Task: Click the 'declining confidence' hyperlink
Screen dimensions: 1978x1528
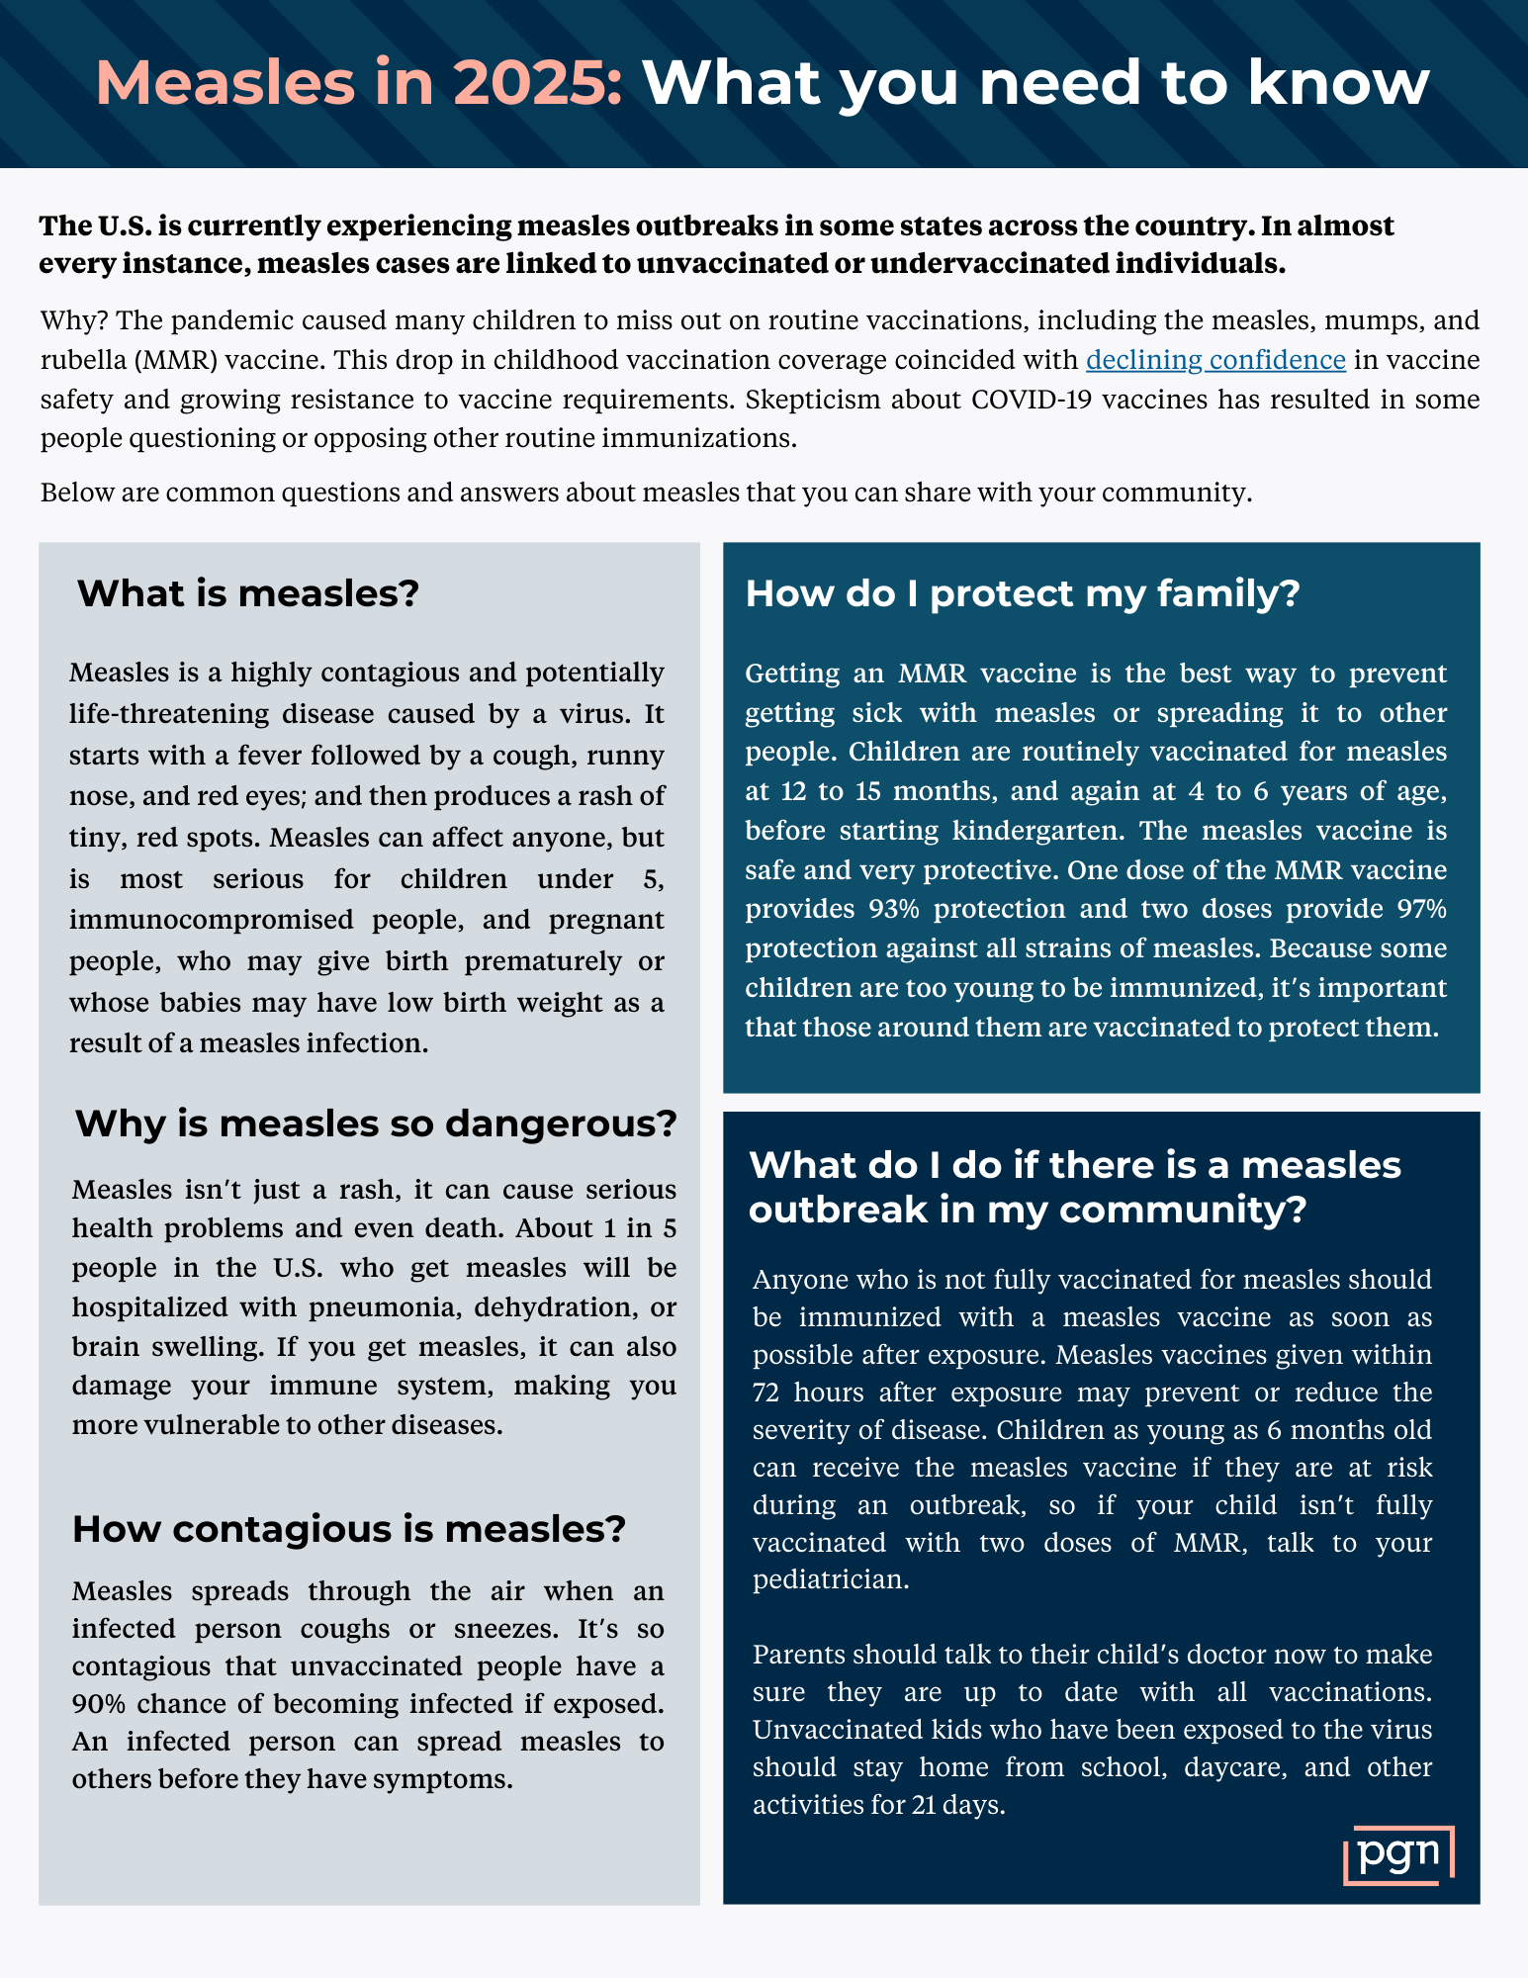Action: click(x=1215, y=360)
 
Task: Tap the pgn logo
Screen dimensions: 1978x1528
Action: click(x=1398, y=1853)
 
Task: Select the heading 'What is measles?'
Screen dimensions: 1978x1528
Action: click(x=248, y=593)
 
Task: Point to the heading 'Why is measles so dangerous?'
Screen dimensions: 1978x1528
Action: click(x=376, y=1124)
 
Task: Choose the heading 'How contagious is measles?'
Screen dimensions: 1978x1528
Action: click(x=349, y=1529)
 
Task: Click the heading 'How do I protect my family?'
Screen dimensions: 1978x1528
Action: click(x=1022, y=593)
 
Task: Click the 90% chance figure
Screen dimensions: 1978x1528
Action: click(x=99, y=1704)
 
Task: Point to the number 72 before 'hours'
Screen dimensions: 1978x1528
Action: click(x=765, y=1393)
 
